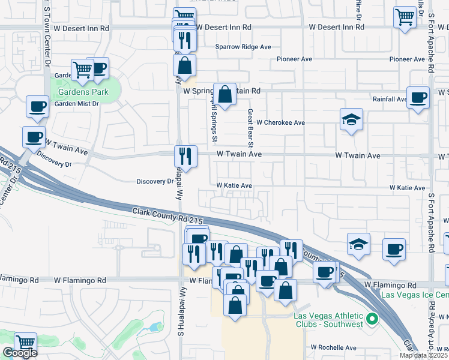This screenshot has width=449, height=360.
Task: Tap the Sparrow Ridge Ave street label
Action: point(243,47)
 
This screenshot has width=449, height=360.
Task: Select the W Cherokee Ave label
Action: point(280,122)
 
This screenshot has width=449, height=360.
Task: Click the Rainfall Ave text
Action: point(389,100)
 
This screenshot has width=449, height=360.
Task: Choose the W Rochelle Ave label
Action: point(333,347)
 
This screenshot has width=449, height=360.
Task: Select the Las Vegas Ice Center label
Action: point(415,295)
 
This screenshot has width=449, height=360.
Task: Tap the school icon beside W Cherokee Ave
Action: point(351,119)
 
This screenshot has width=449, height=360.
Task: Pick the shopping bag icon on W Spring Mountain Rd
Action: point(224,94)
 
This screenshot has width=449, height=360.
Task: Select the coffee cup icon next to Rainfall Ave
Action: point(418,97)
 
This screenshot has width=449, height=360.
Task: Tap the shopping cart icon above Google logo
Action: point(25,343)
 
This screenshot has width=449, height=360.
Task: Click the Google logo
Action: point(20,353)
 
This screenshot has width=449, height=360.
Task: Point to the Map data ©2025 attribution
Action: point(423,355)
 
